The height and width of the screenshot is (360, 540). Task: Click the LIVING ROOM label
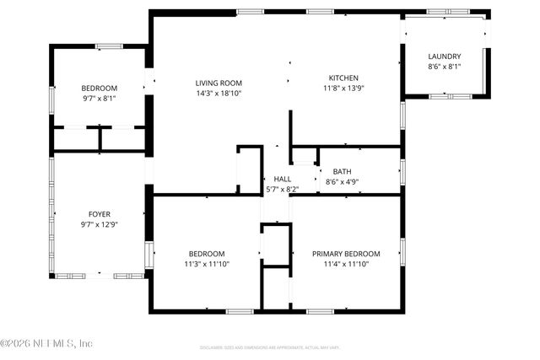coord(219,83)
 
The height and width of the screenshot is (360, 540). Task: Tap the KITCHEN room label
coord(343,78)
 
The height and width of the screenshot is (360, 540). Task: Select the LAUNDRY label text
coord(445,56)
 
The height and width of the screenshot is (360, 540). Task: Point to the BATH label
coord(342,171)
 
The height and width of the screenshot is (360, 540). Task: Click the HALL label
coord(282,179)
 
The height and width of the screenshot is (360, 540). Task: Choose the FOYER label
coord(100,214)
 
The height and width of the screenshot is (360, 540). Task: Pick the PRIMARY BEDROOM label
coord(346,254)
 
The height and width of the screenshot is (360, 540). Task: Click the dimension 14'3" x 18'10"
coord(219,93)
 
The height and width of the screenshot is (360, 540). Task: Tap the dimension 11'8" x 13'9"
coord(343,89)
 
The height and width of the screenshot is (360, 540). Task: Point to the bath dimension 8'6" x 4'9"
coord(342,181)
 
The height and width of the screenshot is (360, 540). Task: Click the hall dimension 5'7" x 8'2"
coord(282,189)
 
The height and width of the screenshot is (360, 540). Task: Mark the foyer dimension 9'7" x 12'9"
coord(100,224)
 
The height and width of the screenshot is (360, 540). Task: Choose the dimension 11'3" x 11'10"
coord(207,264)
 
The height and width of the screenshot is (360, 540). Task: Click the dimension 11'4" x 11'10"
coord(346,264)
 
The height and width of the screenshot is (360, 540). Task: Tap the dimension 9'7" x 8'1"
coord(100,98)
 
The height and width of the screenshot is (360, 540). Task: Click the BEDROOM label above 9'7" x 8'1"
coord(100,88)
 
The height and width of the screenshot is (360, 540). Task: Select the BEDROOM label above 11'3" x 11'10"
coord(207,254)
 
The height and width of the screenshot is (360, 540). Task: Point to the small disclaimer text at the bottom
coord(269,347)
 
